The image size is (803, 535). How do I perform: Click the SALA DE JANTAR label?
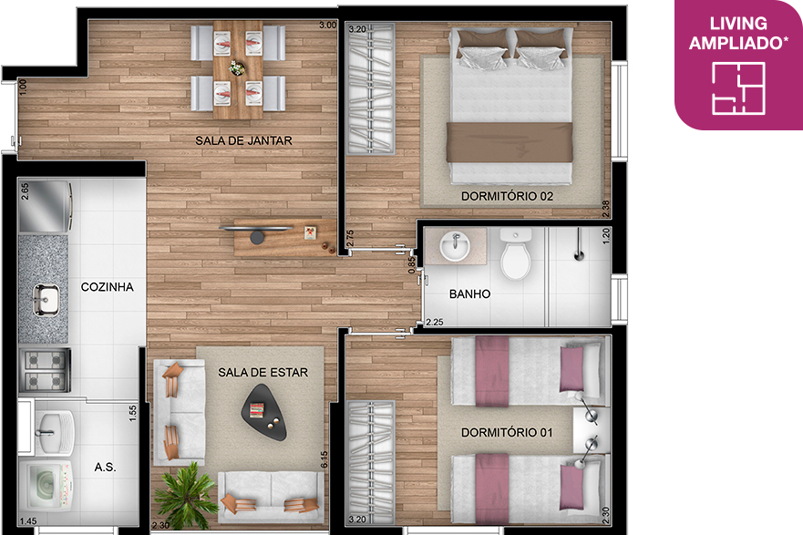[x=243, y=140]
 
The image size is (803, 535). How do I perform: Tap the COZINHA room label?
[x=107, y=287]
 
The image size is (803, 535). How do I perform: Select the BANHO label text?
[x=469, y=293]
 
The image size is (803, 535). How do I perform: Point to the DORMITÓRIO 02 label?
[x=507, y=196]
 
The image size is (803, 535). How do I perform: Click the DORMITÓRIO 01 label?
[x=507, y=433]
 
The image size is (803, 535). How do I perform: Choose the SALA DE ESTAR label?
[x=263, y=373]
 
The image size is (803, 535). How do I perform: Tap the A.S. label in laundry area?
[x=105, y=467]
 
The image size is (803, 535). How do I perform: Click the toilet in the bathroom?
[x=515, y=254]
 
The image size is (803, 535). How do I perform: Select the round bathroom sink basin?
[x=454, y=246]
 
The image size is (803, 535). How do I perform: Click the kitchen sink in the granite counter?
[x=46, y=300]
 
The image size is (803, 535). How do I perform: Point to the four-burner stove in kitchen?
[x=45, y=370]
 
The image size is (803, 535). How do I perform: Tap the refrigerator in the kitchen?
[x=45, y=206]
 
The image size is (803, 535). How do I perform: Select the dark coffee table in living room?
[x=264, y=412]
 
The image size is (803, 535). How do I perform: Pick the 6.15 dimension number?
[x=324, y=458]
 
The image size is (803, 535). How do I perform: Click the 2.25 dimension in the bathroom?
[x=434, y=322]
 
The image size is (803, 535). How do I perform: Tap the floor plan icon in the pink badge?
[x=738, y=88]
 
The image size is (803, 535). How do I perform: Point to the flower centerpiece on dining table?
[x=237, y=67]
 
